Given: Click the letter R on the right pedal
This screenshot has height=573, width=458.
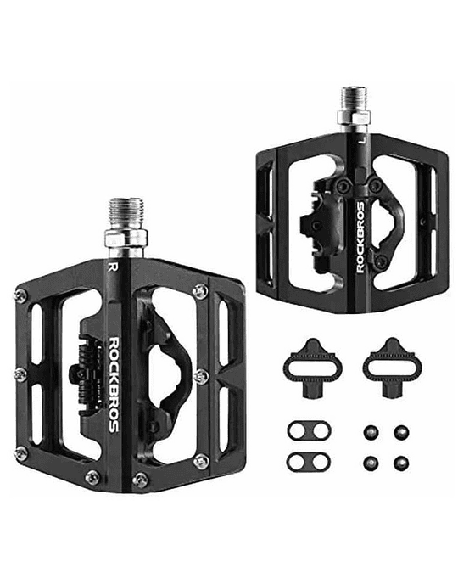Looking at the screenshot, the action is point(113,267).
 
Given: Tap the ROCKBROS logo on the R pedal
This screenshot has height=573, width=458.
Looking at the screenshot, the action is point(114,385).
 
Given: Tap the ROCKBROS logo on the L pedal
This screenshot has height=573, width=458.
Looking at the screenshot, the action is point(360,238).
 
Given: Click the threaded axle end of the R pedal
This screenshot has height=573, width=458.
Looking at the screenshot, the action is point(126,213).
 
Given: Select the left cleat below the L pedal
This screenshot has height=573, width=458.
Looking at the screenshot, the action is point(313,368).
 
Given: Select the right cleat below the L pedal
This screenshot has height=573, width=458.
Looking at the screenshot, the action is point(392,368).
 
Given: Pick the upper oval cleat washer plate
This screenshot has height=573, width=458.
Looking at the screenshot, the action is point(309,431).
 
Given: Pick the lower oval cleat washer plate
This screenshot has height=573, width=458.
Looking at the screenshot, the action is point(309,462).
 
